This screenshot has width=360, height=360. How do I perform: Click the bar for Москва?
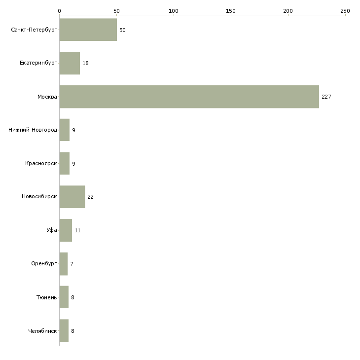(189, 97)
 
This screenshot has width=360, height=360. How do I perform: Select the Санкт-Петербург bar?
(88, 30)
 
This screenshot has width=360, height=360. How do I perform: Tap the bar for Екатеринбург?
(70, 63)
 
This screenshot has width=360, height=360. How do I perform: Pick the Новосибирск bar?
(72, 197)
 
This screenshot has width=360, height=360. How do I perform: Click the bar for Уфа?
(66, 230)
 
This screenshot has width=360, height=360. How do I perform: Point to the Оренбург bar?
(64, 264)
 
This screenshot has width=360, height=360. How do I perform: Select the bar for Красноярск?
(65, 163)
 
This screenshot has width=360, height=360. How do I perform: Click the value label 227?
(326, 97)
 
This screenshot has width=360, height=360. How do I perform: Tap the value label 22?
(90, 197)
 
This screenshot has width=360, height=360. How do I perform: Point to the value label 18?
(85, 63)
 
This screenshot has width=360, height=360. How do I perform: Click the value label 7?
(72, 264)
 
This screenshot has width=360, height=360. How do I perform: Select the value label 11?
(77, 230)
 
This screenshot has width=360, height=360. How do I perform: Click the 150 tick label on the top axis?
(231, 11)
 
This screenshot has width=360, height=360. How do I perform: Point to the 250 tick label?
(345, 11)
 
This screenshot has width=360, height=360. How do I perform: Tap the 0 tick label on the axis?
(60, 11)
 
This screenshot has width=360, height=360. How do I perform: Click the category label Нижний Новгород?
(33, 130)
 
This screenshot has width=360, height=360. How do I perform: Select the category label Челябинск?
(42, 331)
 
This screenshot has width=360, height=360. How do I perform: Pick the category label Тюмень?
(47, 297)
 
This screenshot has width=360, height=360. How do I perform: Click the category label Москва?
(47, 97)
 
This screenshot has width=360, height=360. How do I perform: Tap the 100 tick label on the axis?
(174, 11)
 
